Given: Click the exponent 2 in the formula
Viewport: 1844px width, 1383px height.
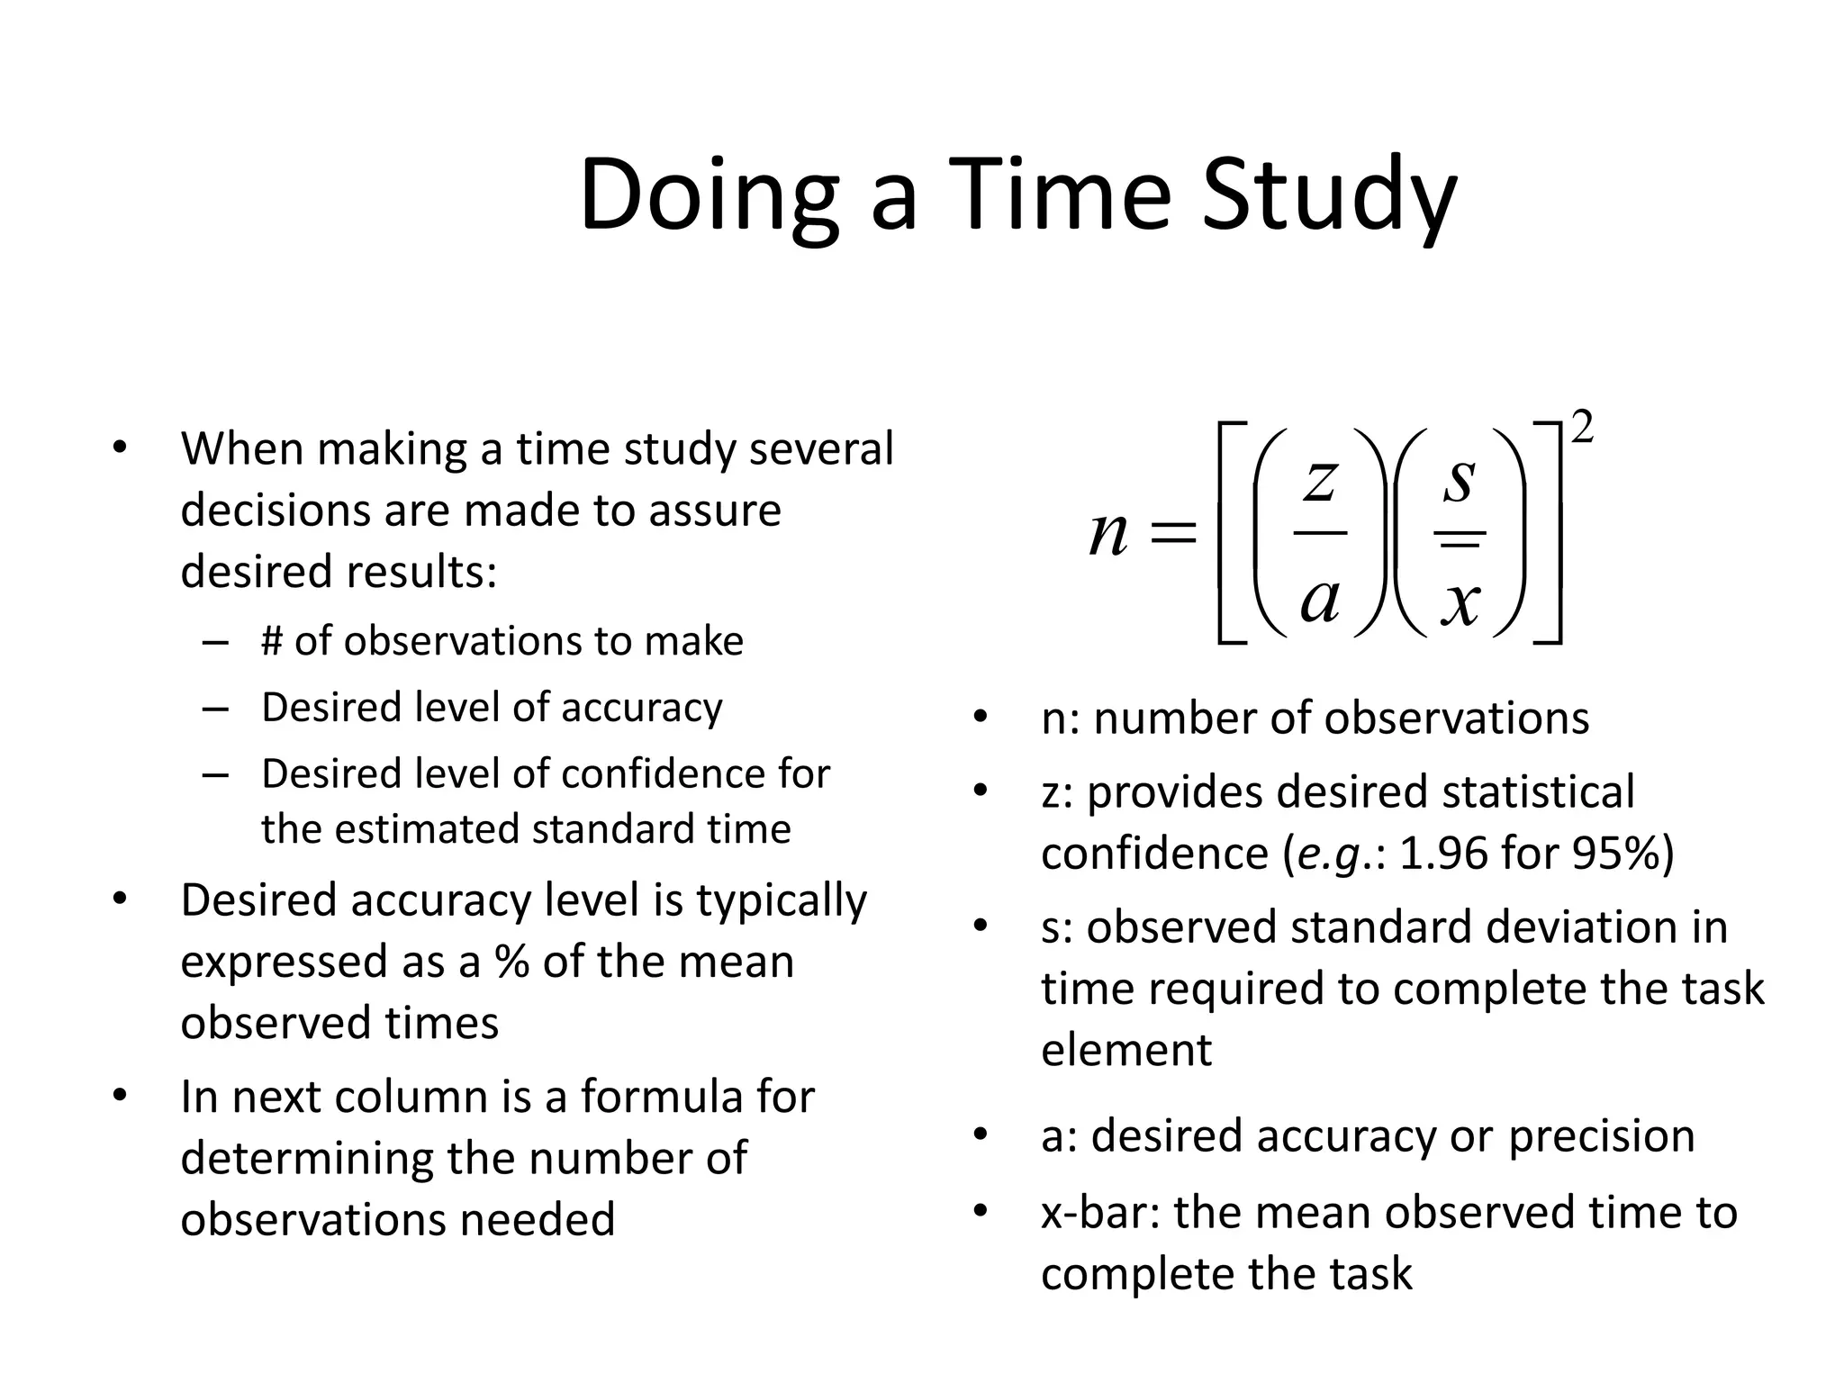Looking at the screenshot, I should tap(1582, 428).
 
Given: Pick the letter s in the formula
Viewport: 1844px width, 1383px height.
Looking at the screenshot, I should tap(1460, 478).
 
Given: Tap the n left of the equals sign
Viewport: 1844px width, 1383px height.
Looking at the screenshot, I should tap(1108, 534).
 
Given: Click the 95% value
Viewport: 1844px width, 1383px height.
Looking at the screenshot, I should tap(1616, 853).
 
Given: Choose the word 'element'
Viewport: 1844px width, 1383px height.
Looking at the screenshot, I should tap(1126, 1050).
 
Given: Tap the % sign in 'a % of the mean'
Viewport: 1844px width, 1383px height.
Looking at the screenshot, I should tap(511, 962).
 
